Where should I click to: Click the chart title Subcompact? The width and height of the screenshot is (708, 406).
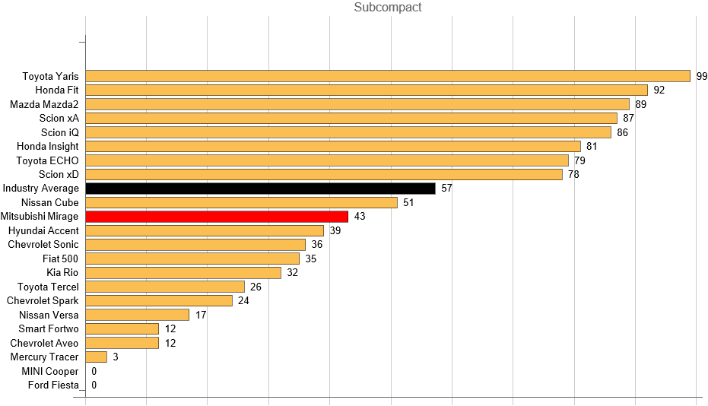point(388,8)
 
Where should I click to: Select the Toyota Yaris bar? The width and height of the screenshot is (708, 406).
point(388,76)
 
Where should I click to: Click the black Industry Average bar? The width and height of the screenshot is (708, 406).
point(260,189)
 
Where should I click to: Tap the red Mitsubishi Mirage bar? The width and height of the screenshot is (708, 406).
point(217,217)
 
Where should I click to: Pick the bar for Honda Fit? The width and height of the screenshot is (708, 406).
point(367,90)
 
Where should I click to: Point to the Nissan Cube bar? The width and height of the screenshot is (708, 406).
point(242,202)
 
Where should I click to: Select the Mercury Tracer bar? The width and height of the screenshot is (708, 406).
point(97,357)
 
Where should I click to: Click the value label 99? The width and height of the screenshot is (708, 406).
point(702,76)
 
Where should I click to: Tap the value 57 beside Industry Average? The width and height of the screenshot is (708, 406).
point(446,189)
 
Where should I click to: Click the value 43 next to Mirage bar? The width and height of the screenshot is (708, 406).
point(360,217)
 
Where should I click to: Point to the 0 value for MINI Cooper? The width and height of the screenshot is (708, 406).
point(94,371)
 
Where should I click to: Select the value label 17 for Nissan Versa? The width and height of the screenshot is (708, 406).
point(201,315)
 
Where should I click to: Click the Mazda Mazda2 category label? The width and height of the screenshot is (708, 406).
point(44,104)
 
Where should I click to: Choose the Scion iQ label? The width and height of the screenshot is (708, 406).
point(59,132)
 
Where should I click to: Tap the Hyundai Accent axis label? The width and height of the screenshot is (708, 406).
point(43,230)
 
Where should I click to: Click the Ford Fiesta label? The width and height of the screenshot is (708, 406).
point(53,385)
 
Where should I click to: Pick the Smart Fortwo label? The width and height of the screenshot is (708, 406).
point(49,329)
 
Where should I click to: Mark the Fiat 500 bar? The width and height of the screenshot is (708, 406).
point(192,259)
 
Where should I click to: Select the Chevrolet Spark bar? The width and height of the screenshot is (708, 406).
point(159,301)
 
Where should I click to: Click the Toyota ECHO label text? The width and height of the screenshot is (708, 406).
point(47,160)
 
